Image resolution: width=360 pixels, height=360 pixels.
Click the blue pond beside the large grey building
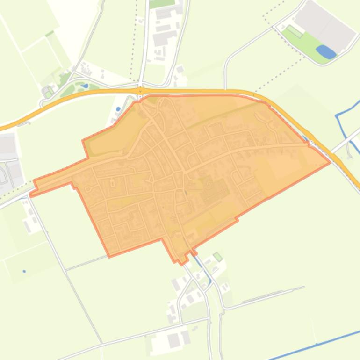326,51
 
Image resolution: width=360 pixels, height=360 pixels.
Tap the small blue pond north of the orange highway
85,86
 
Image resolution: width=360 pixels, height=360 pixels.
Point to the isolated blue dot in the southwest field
24,271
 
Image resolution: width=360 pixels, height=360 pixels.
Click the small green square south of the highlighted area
217,256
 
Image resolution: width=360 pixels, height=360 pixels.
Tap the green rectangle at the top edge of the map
162,3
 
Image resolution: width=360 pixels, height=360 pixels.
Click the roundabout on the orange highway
140,90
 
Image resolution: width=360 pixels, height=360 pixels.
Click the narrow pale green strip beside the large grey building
295,31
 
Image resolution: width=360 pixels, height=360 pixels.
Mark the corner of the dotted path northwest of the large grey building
264,17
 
